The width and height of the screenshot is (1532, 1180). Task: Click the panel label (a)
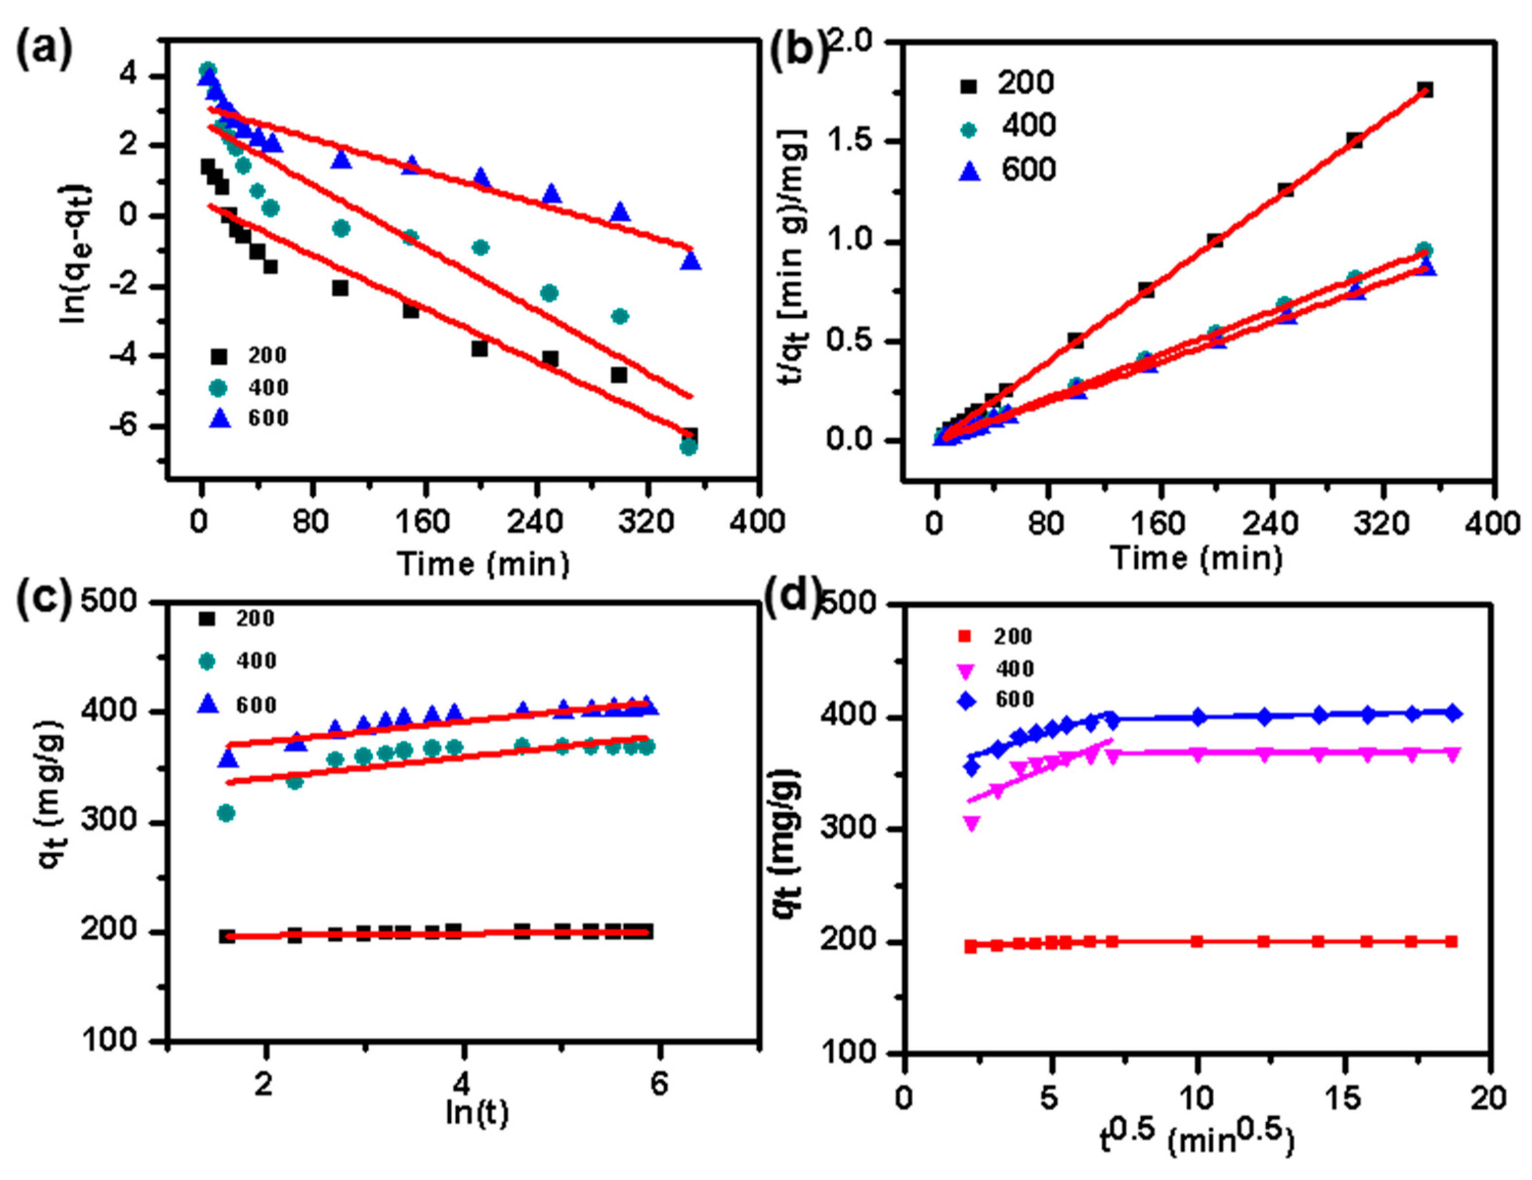pyautogui.click(x=43, y=50)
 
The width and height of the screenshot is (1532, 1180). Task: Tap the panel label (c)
pyautogui.click(x=43, y=602)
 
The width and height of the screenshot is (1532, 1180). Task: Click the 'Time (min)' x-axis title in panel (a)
pyautogui.click(x=484, y=563)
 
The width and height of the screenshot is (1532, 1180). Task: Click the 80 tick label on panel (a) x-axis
pyautogui.click(x=311, y=522)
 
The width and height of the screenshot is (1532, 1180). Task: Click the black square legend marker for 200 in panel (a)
pyautogui.click(x=220, y=356)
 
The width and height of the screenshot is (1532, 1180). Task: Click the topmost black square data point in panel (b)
pyautogui.click(x=1424, y=90)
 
